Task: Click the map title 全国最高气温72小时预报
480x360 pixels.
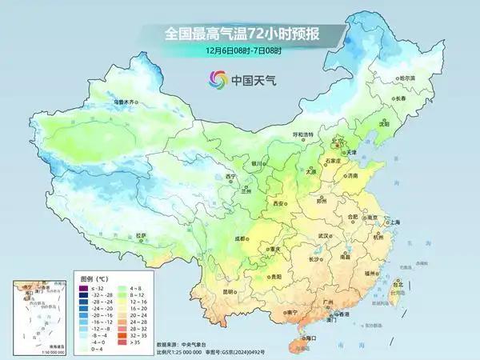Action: pos(239,34)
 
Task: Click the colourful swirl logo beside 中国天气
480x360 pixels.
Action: pos(215,79)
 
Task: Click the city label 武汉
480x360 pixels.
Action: pos(323,236)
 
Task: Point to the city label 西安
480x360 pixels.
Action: pos(278,205)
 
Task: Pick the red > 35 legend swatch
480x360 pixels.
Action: pos(125,341)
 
